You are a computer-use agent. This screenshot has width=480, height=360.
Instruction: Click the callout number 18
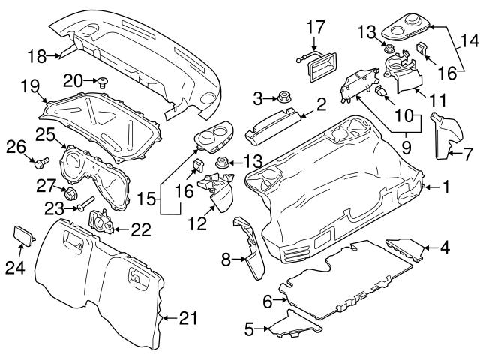point(36,55)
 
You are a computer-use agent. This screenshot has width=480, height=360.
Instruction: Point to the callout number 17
point(313,28)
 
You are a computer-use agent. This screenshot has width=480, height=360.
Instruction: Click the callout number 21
point(189,319)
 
